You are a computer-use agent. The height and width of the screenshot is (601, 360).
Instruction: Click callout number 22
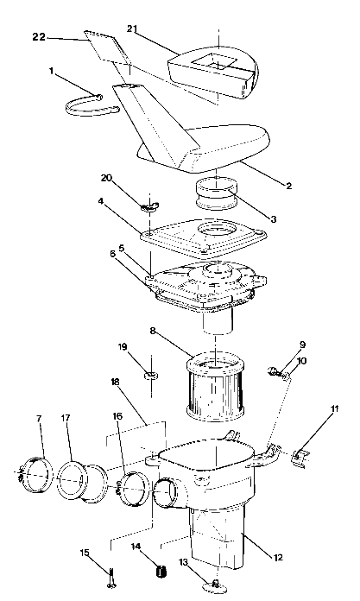39,38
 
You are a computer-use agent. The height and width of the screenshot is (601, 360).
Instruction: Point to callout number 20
106,179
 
